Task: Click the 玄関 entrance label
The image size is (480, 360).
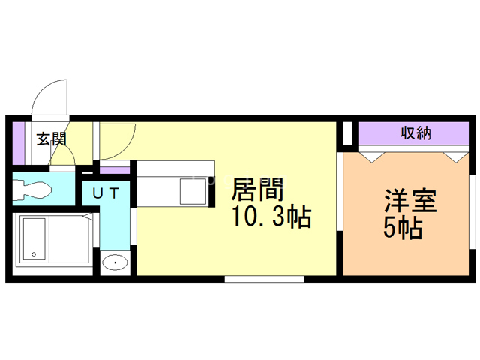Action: click(52, 139)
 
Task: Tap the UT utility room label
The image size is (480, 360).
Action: click(105, 193)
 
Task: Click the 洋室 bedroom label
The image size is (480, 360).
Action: click(410, 201)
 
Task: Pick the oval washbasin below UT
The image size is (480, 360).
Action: click(115, 262)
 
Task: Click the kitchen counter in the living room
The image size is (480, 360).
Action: click(177, 183)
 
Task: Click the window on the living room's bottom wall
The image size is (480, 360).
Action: click(264, 279)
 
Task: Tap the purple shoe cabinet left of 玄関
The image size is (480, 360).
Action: click(19, 143)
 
